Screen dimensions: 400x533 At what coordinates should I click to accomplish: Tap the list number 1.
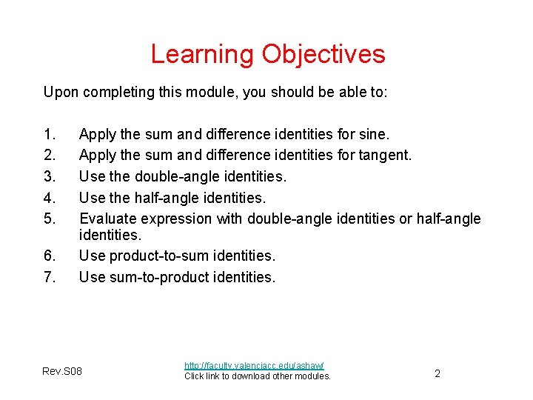pos(50,134)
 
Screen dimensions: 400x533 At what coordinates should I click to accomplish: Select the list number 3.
pos(50,176)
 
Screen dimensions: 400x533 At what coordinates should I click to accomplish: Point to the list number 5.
pos(50,219)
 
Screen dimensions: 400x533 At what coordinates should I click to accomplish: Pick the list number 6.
pos(50,256)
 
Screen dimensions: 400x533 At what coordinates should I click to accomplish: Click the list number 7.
pos(50,277)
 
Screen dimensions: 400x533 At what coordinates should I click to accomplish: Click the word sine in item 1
pos(373,134)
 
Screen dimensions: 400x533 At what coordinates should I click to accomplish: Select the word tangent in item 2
pos(383,156)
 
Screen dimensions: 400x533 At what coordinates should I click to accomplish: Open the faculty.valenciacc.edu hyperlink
pos(254,365)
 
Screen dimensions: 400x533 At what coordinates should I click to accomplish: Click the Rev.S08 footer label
pos(63,371)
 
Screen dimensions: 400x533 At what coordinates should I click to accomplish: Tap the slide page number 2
pos(437,373)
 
